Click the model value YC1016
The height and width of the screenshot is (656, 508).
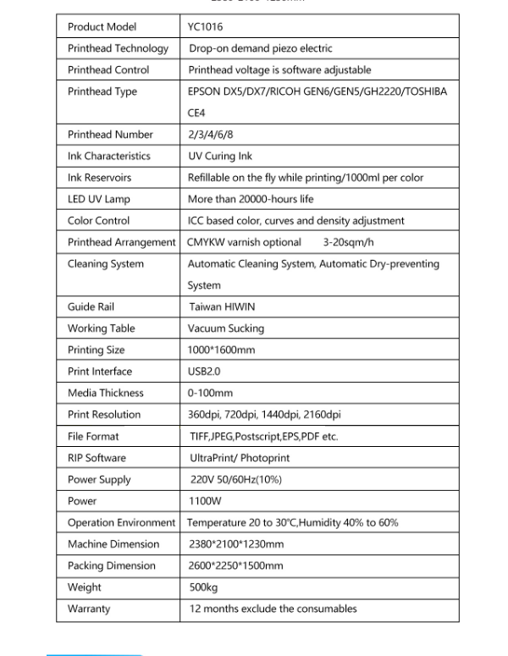(x=206, y=27)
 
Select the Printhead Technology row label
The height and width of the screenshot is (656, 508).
(x=118, y=48)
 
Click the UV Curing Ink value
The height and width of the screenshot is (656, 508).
(x=220, y=156)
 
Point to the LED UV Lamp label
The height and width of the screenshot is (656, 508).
(x=99, y=199)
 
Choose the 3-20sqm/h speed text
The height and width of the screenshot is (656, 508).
(x=349, y=242)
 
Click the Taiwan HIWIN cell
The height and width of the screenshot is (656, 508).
(x=221, y=306)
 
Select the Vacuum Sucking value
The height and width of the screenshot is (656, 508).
(x=226, y=328)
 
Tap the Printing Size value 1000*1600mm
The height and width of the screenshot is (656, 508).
(x=221, y=350)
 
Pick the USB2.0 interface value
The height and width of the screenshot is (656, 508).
(x=205, y=371)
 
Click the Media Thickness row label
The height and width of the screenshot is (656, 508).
(x=106, y=393)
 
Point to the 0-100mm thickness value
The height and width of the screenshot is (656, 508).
(x=210, y=393)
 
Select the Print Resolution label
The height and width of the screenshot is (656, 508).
(x=104, y=415)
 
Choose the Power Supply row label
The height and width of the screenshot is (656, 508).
(x=99, y=480)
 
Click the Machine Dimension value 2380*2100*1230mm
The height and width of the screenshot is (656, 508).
(x=236, y=544)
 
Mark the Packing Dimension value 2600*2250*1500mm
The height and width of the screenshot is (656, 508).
(x=236, y=565)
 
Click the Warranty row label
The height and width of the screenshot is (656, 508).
(x=89, y=609)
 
